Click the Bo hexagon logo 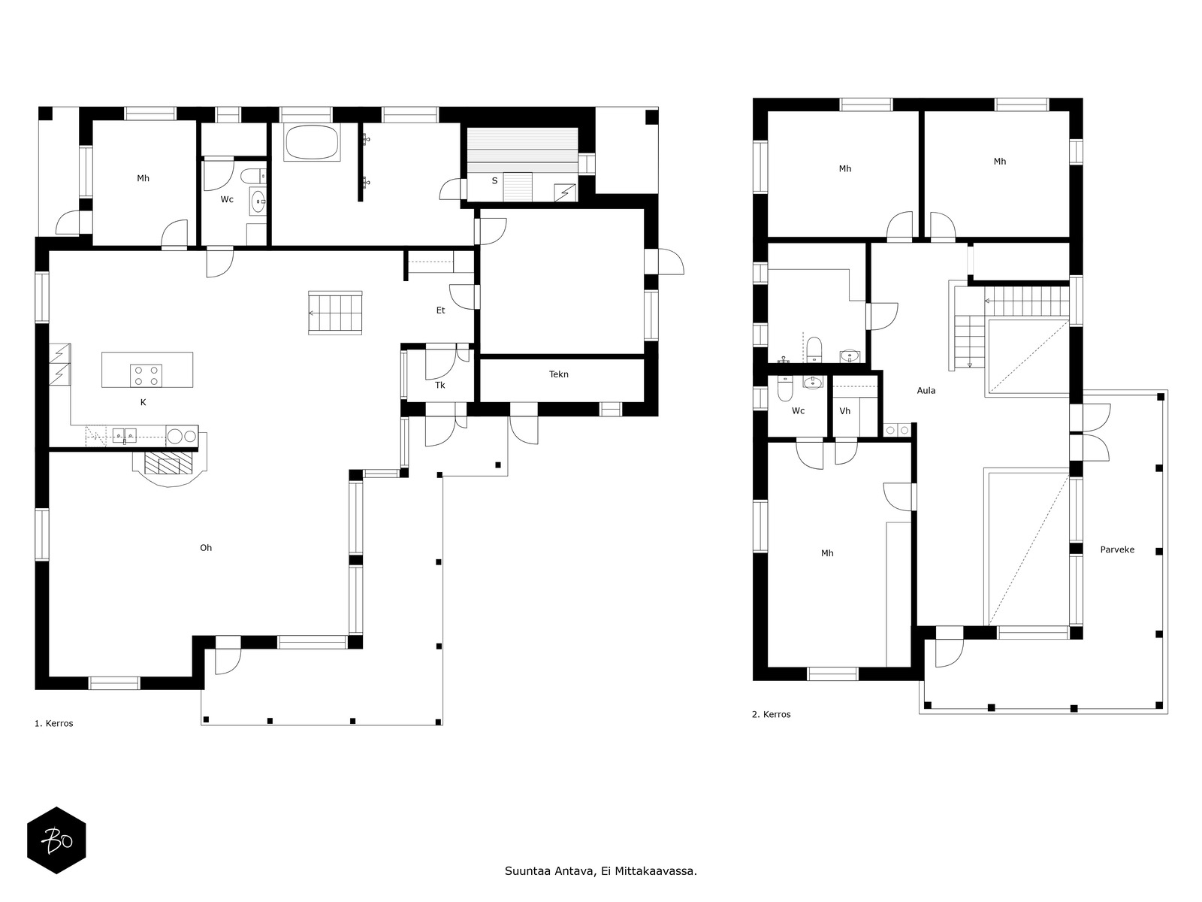tap(56, 840)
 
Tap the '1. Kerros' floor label tap(54, 724)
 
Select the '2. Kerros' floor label tap(772, 715)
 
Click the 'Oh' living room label tap(206, 548)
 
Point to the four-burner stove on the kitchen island tap(146, 375)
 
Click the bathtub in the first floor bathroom tap(312, 142)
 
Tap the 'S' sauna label tap(494, 181)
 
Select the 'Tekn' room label tap(559, 374)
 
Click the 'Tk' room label tap(440, 386)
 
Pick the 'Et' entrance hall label tap(440, 310)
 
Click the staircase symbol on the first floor tap(335, 313)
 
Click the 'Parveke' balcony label tap(1117, 549)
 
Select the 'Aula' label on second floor tap(926, 391)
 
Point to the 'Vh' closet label tap(845, 411)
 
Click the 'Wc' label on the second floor tap(798, 411)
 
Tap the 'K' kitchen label tap(143, 403)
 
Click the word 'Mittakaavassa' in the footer tap(655, 872)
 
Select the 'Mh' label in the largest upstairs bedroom tap(827, 553)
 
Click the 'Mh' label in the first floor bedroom tap(143, 179)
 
